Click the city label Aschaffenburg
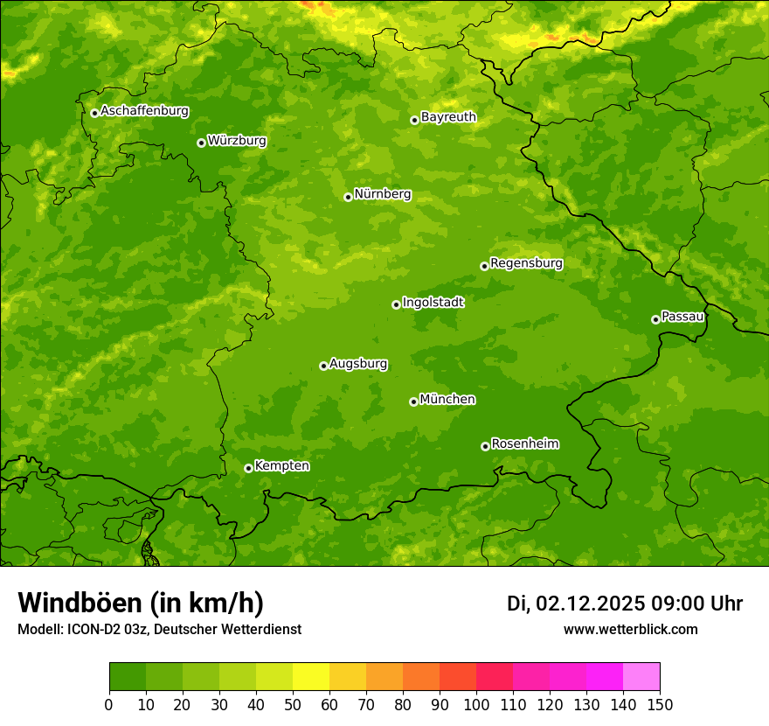point(144,111)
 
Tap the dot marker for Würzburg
point(201,143)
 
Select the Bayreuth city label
point(448,117)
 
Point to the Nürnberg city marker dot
point(348,197)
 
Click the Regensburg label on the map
point(526,263)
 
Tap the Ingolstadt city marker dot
point(396,304)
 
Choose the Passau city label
point(682,317)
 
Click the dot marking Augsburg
point(323,366)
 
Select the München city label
point(447,400)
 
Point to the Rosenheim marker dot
point(485,446)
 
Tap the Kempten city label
point(281,466)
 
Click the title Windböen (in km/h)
point(140,603)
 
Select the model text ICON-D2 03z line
point(159,630)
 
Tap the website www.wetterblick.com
point(630,630)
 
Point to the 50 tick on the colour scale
point(293,704)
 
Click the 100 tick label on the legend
point(476,704)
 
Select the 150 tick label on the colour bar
point(660,704)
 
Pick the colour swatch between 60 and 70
point(348,677)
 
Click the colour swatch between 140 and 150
point(641,677)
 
